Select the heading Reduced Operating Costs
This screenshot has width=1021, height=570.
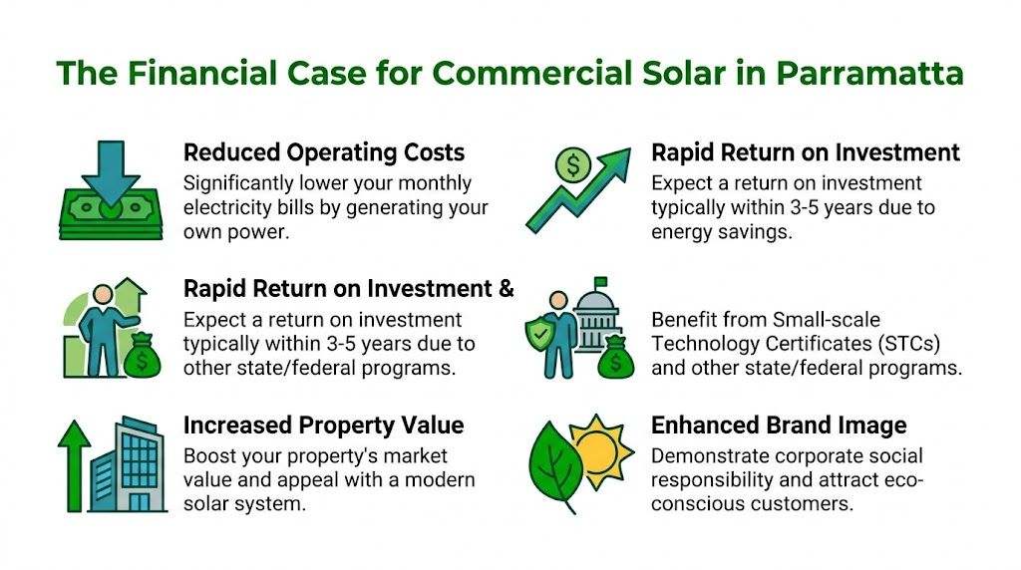point(324,152)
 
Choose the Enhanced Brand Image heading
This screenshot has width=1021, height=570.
point(779,426)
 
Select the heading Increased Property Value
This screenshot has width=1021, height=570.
point(324,426)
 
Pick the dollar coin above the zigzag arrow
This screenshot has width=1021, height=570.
point(572,165)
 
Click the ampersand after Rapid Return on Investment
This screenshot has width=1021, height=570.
point(505,289)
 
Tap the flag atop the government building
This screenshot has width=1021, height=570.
point(602,283)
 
